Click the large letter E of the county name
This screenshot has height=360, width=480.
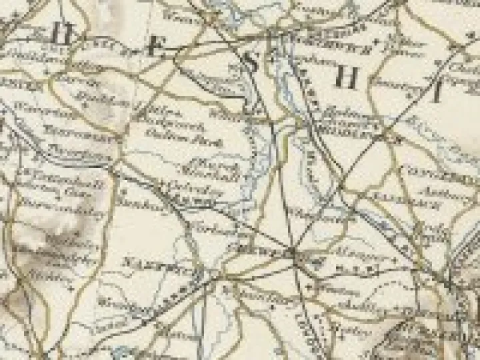pos(155,47)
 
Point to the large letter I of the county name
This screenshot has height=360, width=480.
pos(437,94)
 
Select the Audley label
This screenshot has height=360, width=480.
pos(354,301)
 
